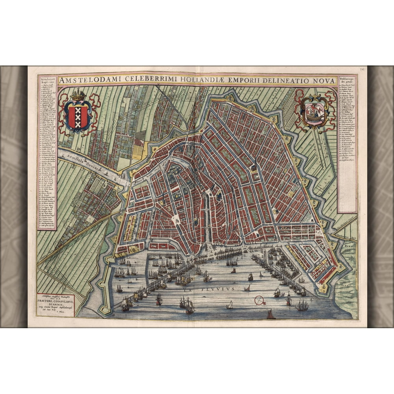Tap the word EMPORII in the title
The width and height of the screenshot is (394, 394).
coord(222,80)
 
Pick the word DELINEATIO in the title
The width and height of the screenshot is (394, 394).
coord(268,80)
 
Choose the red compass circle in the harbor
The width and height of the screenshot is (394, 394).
coord(259,301)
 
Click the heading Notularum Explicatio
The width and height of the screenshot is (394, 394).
coord(46,81)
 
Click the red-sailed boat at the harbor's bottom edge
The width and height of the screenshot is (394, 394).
coord(270,315)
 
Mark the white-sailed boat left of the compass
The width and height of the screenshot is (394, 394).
coord(230,305)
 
